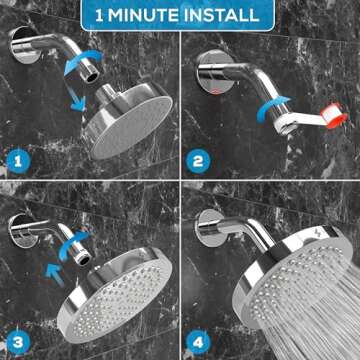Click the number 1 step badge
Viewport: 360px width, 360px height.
pyautogui.click(x=17, y=159)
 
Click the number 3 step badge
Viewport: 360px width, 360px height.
pyautogui.click(x=17, y=339)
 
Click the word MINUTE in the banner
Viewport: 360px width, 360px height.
pyautogui.click(x=158, y=16)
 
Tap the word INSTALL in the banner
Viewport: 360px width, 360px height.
pyautogui.click(x=224, y=16)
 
